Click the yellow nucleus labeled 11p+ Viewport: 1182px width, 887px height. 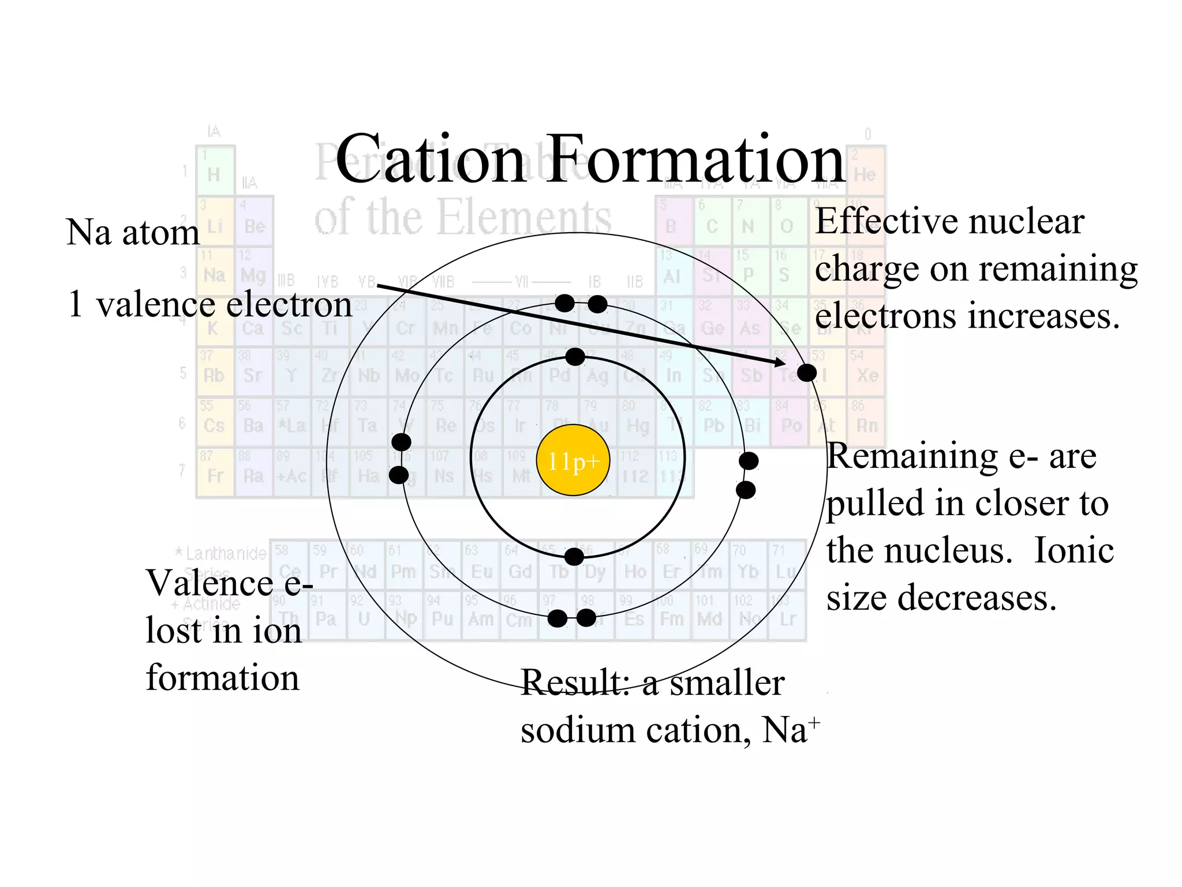coord(573,460)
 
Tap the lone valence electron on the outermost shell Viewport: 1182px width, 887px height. coord(806,372)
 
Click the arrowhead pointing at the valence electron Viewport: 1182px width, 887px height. coord(780,363)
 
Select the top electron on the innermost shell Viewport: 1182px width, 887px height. coord(575,357)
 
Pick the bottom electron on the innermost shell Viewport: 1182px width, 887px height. coord(574,557)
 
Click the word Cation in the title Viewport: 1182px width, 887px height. coord(430,160)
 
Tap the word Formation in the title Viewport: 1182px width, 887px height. coord(695,160)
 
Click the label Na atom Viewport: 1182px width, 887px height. coord(133,233)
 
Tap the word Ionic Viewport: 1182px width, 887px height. coord(1073,550)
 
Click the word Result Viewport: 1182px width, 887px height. coord(575,683)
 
